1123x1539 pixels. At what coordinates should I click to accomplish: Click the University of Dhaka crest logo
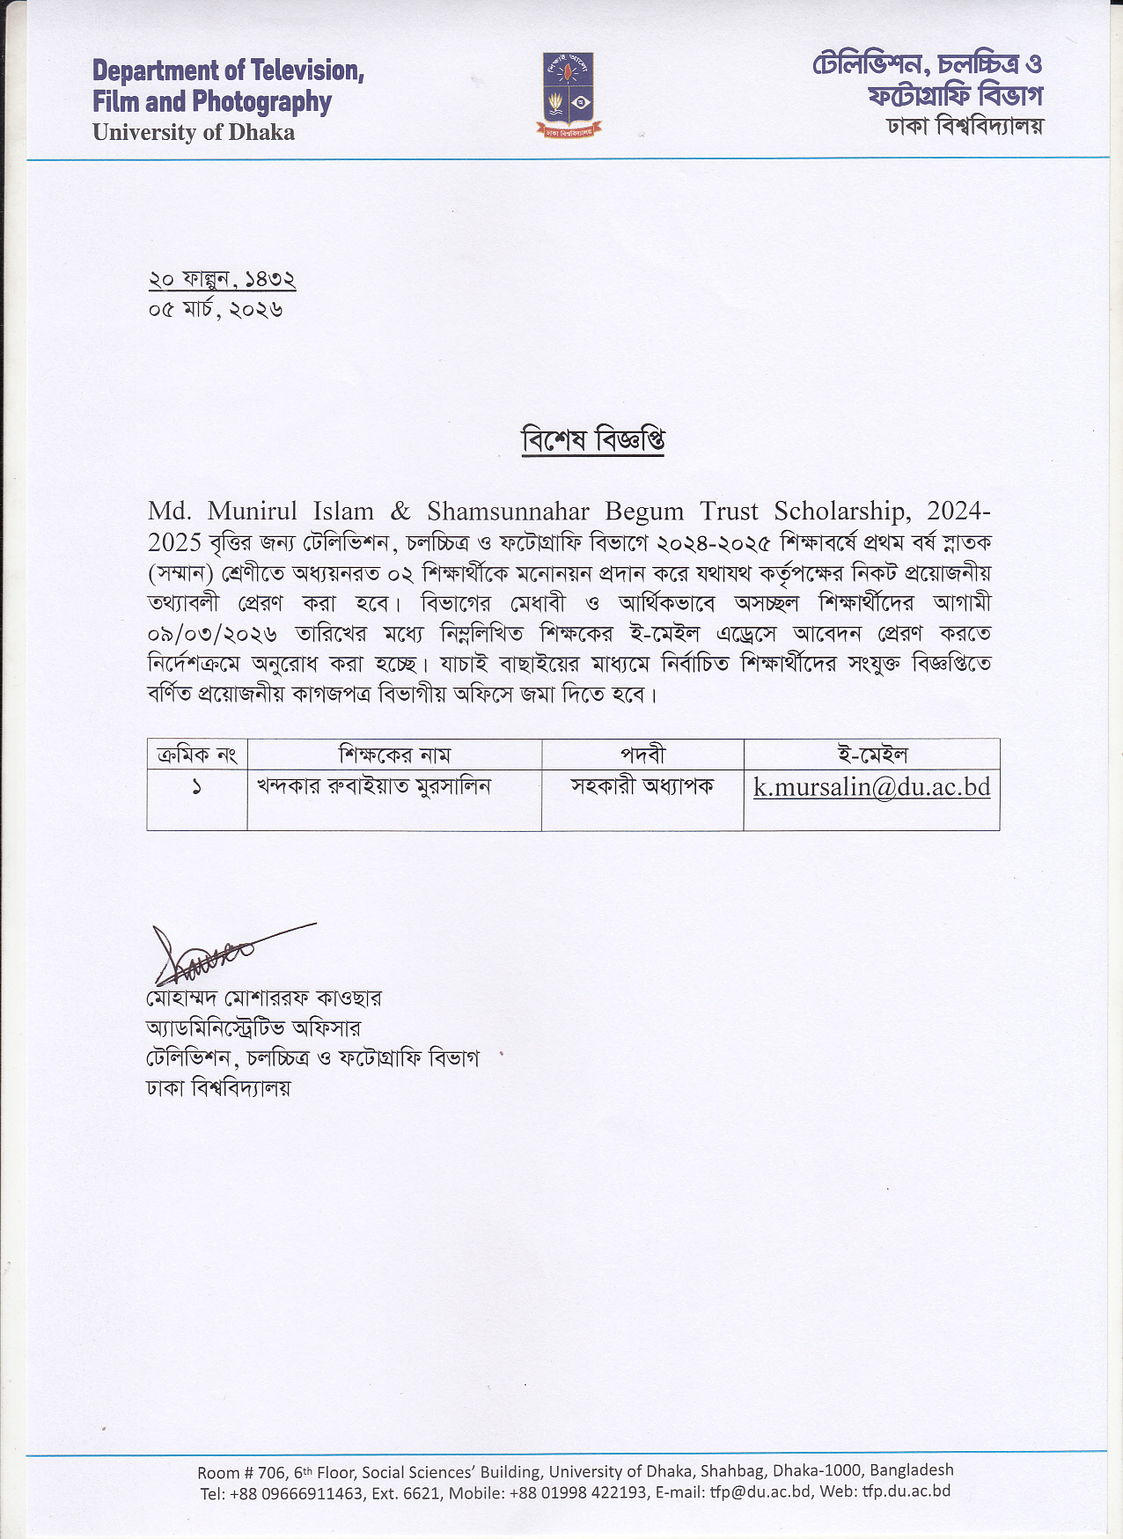coord(569,94)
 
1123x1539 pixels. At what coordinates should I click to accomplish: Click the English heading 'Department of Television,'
coord(228,70)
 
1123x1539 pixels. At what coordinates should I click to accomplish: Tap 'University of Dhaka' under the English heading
coord(194,133)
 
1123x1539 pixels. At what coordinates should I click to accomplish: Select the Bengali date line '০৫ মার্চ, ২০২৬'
coord(216,310)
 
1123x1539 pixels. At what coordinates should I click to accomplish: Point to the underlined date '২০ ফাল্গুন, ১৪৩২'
coord(222,279)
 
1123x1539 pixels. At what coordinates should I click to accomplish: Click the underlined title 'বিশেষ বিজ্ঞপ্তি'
coord(592,438)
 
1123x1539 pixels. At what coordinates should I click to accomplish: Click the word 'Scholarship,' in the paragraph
coord(842,512)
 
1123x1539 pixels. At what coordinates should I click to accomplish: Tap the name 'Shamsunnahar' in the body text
coord(509,512)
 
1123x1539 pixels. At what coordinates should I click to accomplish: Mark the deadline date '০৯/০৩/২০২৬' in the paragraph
coord(213,634)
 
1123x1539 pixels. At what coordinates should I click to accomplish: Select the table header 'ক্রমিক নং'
coord(197,755)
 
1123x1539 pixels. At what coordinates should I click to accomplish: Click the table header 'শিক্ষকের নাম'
coord(394,755)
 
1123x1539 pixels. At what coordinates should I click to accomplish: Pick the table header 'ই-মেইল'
coord(871,755)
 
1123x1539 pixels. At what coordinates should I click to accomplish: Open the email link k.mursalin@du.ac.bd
coord(871,787)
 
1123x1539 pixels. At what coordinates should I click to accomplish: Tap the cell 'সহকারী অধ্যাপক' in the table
coord(642,786)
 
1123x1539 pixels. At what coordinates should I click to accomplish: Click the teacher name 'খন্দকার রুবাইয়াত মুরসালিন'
coord(373,786)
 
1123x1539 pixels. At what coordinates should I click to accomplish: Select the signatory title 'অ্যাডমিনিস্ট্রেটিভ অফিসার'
coord(253,1028)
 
